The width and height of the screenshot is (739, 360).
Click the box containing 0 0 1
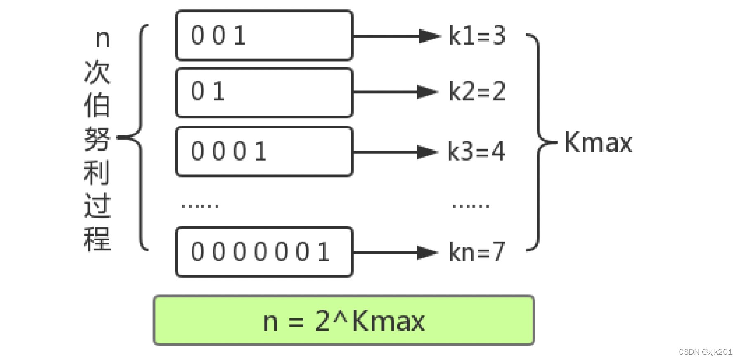[264, 36]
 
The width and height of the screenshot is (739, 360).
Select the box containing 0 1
[264, 92]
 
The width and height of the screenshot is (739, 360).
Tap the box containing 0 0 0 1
[264, 152]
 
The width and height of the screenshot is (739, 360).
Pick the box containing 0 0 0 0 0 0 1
[264, 252]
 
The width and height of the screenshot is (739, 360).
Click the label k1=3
[477, 36]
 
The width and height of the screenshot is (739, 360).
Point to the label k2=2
[477, 91]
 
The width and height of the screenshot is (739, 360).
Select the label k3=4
[476, 151]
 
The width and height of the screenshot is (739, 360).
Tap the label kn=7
[476, 252]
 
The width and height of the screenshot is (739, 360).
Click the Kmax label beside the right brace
[598, 142]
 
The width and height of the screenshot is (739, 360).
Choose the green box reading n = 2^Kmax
[344, 320]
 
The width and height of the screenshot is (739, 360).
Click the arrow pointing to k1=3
[396, 36]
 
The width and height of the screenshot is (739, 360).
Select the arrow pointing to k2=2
[396, 92]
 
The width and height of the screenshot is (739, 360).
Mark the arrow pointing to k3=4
[396, 152]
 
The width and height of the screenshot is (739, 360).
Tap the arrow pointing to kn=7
[396, 252]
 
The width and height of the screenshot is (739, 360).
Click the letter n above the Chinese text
[102, 39]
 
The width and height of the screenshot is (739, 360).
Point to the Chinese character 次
[97, 72]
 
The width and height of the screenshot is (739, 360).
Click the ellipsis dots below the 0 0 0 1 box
[200, 205]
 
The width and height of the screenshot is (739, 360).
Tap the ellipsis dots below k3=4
[471, 205]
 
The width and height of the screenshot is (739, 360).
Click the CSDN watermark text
[705, 352]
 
